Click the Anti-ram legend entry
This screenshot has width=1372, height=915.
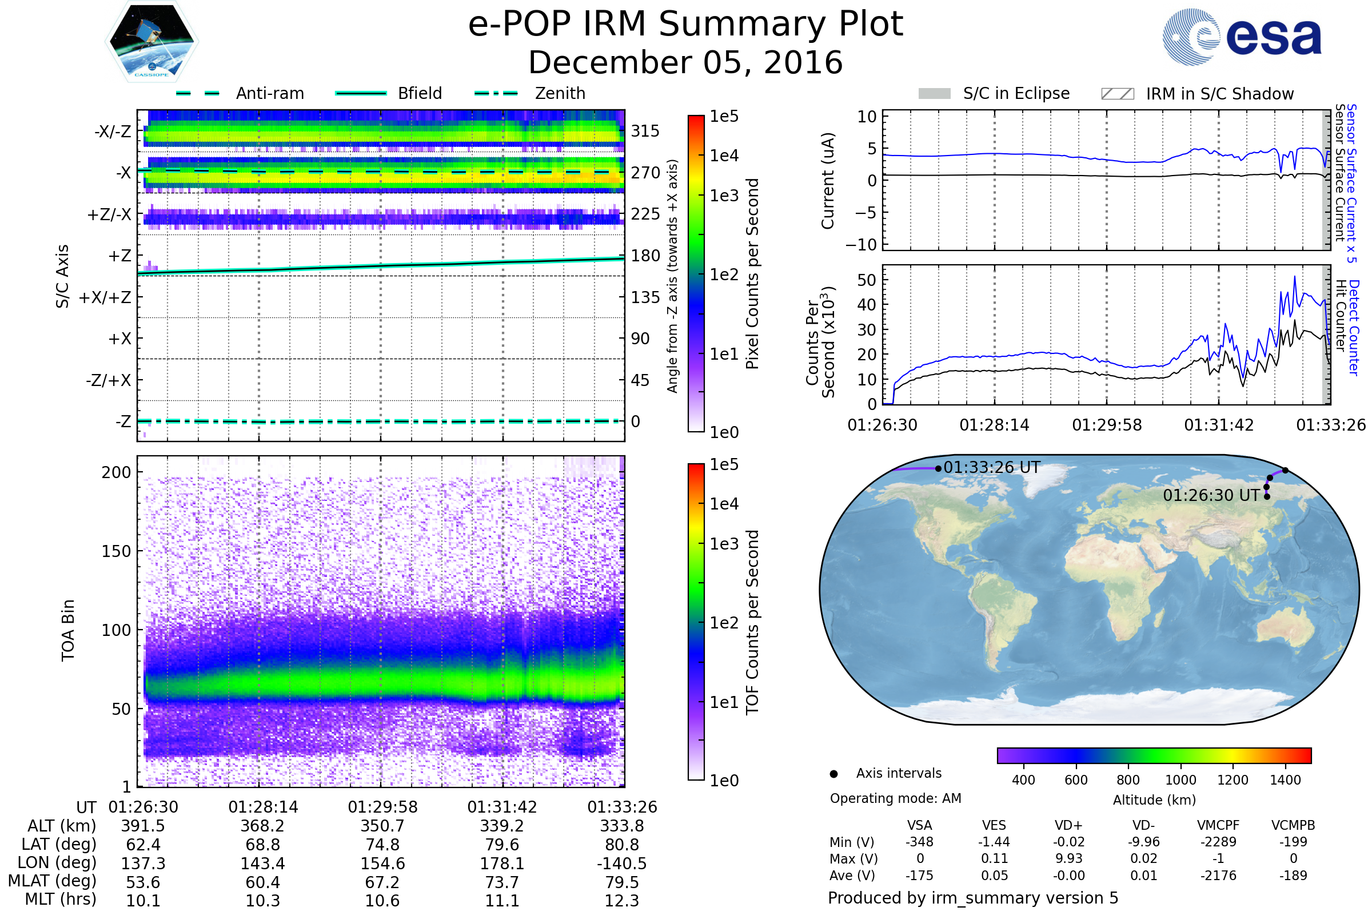(269, 93)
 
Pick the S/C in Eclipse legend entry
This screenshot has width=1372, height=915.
(1016, 93)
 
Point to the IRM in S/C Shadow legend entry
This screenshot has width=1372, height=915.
(1219, 94)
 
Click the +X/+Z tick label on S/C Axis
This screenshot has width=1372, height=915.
(105, 297)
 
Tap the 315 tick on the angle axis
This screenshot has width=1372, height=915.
(645, 131)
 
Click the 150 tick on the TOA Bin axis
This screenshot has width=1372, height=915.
(116, 551)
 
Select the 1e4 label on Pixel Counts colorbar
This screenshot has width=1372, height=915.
(724, 156)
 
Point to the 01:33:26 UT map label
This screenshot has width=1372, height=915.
(992, 467)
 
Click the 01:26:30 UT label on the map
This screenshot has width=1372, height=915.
(1211, 495)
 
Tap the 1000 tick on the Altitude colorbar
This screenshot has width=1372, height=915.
(1180, 780)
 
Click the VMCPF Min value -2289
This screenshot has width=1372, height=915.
(1218, 842)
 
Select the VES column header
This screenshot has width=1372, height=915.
(994, 825)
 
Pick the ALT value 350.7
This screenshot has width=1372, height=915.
(382, 826)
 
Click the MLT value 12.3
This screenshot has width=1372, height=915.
(622, 900)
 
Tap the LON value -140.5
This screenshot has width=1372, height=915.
(622, 863)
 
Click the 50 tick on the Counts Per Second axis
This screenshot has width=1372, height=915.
(867, 280)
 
